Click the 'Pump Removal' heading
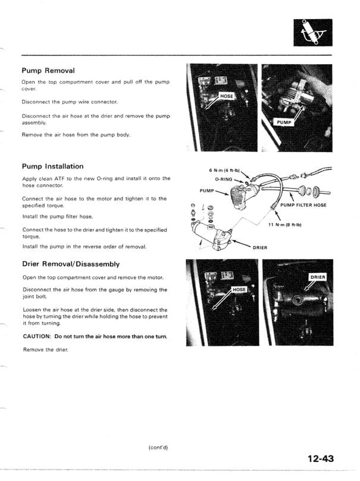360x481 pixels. pos(48,70)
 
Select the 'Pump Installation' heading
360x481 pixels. pos(52,166)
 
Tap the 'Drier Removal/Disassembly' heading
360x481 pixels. pos(71,263)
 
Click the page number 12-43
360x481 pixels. pos(324,458)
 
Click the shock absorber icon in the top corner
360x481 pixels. pos(309,33)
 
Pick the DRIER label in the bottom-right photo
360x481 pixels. pos(318,277)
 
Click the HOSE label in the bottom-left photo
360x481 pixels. pos(239,290)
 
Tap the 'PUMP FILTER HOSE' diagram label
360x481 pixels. pos(303,205)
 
